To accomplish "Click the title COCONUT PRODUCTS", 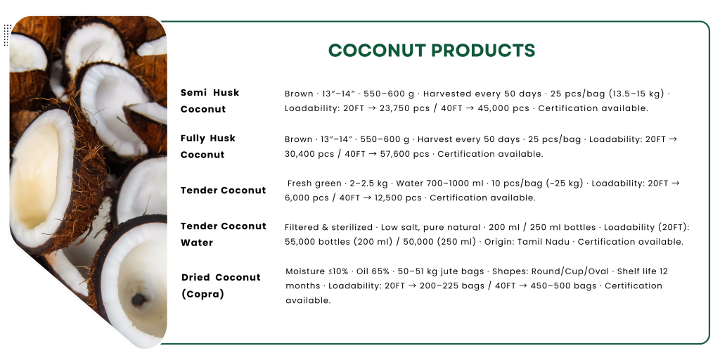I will click(x=432, y=51).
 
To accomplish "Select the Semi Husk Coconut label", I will click(x=210, y=101).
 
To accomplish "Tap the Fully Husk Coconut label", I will click(x=207, y=146).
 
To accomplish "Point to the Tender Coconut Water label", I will click(x=223, y=234).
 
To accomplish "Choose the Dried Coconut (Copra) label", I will click(x=220, y=285).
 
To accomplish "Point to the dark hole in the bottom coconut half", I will click(x=139, y=300).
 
